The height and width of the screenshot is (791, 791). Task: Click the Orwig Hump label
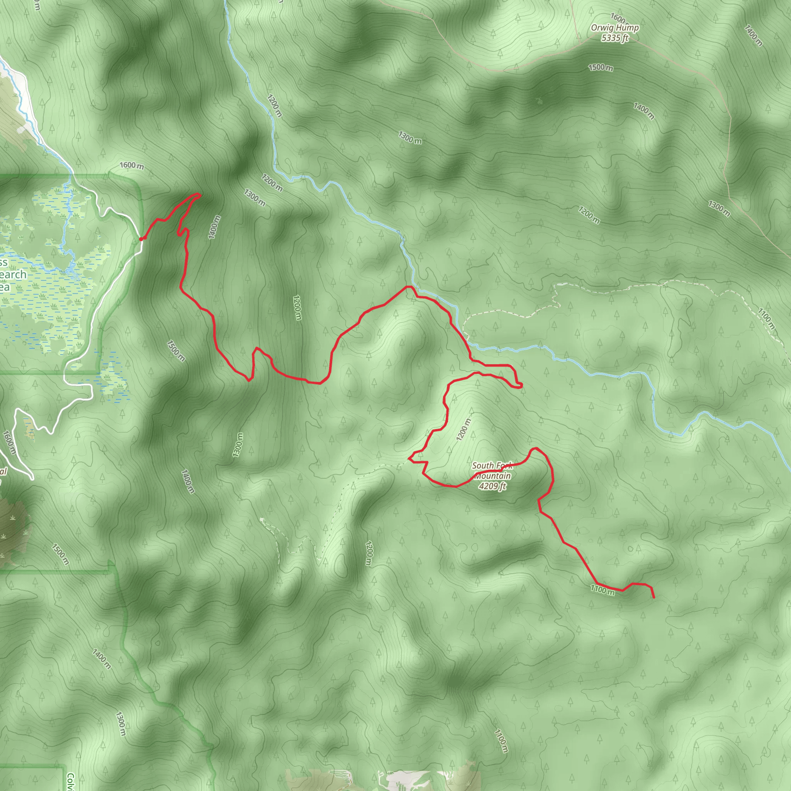(614, 28)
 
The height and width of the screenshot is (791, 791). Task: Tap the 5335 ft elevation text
(614, 38)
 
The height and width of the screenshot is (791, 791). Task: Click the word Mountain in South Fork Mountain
(493, 476)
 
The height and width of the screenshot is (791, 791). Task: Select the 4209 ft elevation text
(492, 486)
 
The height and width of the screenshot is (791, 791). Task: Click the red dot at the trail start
(142, 239)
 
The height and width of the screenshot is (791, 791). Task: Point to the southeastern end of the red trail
(654, 597)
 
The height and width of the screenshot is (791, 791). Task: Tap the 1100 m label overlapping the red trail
(602, 590)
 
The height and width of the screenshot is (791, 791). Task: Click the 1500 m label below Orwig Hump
(601, 68)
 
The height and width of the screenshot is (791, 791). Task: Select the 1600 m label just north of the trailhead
(132, 165)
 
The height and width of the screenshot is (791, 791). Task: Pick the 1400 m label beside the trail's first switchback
(214, 227)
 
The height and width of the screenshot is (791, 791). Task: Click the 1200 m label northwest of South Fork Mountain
(464, 429)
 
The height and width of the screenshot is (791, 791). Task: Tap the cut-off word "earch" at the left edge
(13, 275)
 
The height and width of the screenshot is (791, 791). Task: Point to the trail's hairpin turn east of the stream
(520, 385)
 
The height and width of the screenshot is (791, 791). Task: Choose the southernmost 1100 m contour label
(501, 741)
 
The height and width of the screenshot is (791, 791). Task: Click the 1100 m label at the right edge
(766, 319)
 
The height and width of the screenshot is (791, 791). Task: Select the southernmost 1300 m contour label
(121, 724)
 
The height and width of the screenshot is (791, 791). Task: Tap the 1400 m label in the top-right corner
(753, 36)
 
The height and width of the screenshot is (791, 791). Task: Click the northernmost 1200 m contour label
(275, 105)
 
